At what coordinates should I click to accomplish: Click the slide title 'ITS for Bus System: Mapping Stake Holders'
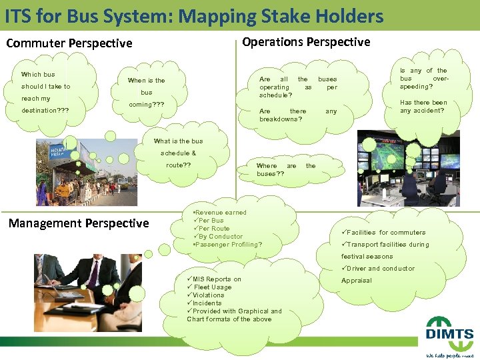click(x=194, y=16)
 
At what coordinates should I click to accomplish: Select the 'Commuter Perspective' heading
click(x=69, y=43)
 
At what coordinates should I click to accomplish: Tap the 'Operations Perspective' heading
click(x=306, y=42)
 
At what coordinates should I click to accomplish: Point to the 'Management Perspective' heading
click(x=79, y=223)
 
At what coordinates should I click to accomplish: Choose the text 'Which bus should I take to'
click(x=45, y=81)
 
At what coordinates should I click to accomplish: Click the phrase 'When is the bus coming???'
click(x=147, y=93)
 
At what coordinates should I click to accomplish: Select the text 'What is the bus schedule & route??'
click(x=178, y=153)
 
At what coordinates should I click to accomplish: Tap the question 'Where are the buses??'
click(x=286, y=169)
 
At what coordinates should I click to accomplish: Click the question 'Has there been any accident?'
click(x=423, y=107)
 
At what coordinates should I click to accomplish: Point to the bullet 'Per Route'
click(x=213, y=229)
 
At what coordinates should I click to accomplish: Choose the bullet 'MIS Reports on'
click(x=215, y=279)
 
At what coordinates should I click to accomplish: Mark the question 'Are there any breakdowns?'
click(x=297, y=115)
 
